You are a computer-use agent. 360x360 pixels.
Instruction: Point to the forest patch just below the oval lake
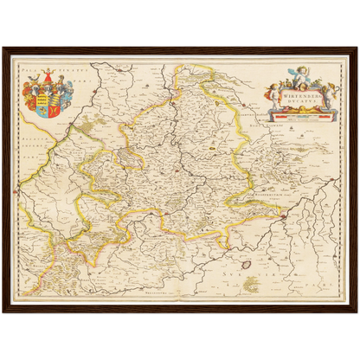252,283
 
